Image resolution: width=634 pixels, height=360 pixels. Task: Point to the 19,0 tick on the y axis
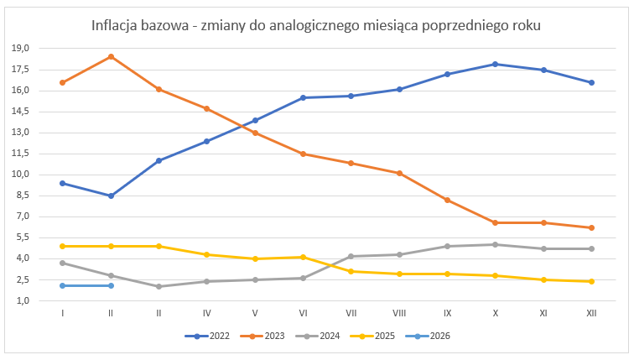point(21,48)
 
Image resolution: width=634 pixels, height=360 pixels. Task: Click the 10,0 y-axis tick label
point(21,175)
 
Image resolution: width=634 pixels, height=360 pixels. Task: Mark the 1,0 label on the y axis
point(23,300)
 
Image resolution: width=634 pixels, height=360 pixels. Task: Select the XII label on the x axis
point(592,313)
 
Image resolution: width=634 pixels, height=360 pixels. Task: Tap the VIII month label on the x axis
point(399,313)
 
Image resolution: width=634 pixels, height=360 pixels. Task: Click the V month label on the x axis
point(255,313)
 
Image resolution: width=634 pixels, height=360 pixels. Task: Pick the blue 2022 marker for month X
point(496,64)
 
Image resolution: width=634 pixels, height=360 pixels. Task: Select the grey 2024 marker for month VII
point(351,256)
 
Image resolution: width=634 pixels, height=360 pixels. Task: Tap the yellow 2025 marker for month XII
point(592,281)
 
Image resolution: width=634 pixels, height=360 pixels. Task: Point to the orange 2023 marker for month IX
point(448,200)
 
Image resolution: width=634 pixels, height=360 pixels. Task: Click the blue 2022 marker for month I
point(63,183)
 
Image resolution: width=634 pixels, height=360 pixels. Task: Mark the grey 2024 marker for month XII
point(592,248)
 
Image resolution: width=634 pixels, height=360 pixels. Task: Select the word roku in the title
point(523,26)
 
